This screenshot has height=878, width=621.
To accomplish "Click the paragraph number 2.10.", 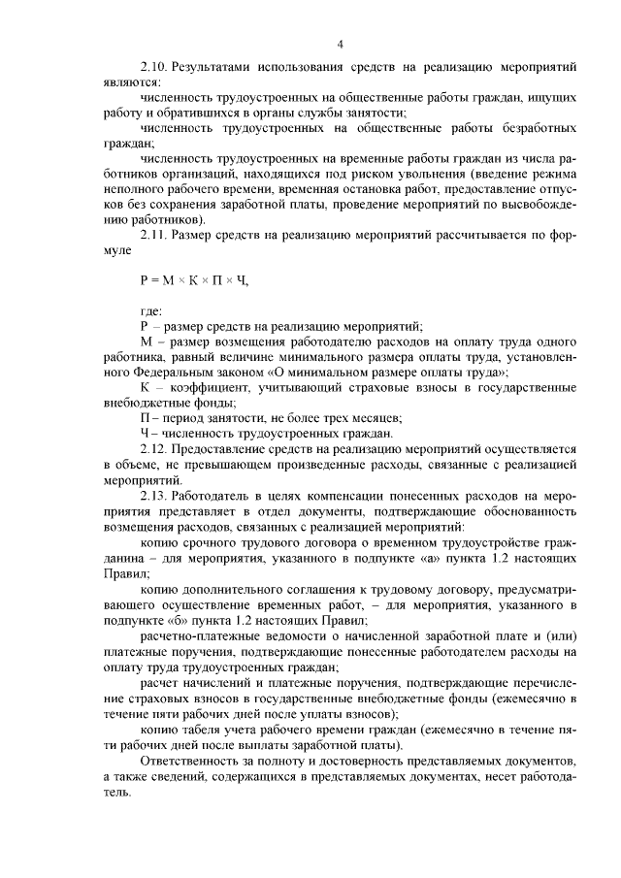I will tap(154, 70).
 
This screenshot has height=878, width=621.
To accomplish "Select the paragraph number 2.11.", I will tap(154, 235).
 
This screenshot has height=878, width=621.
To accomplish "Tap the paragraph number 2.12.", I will tap(154, 450).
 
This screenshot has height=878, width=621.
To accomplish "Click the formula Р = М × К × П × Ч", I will tap(194, 280).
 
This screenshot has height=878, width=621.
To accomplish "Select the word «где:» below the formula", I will tap(151, 310).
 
